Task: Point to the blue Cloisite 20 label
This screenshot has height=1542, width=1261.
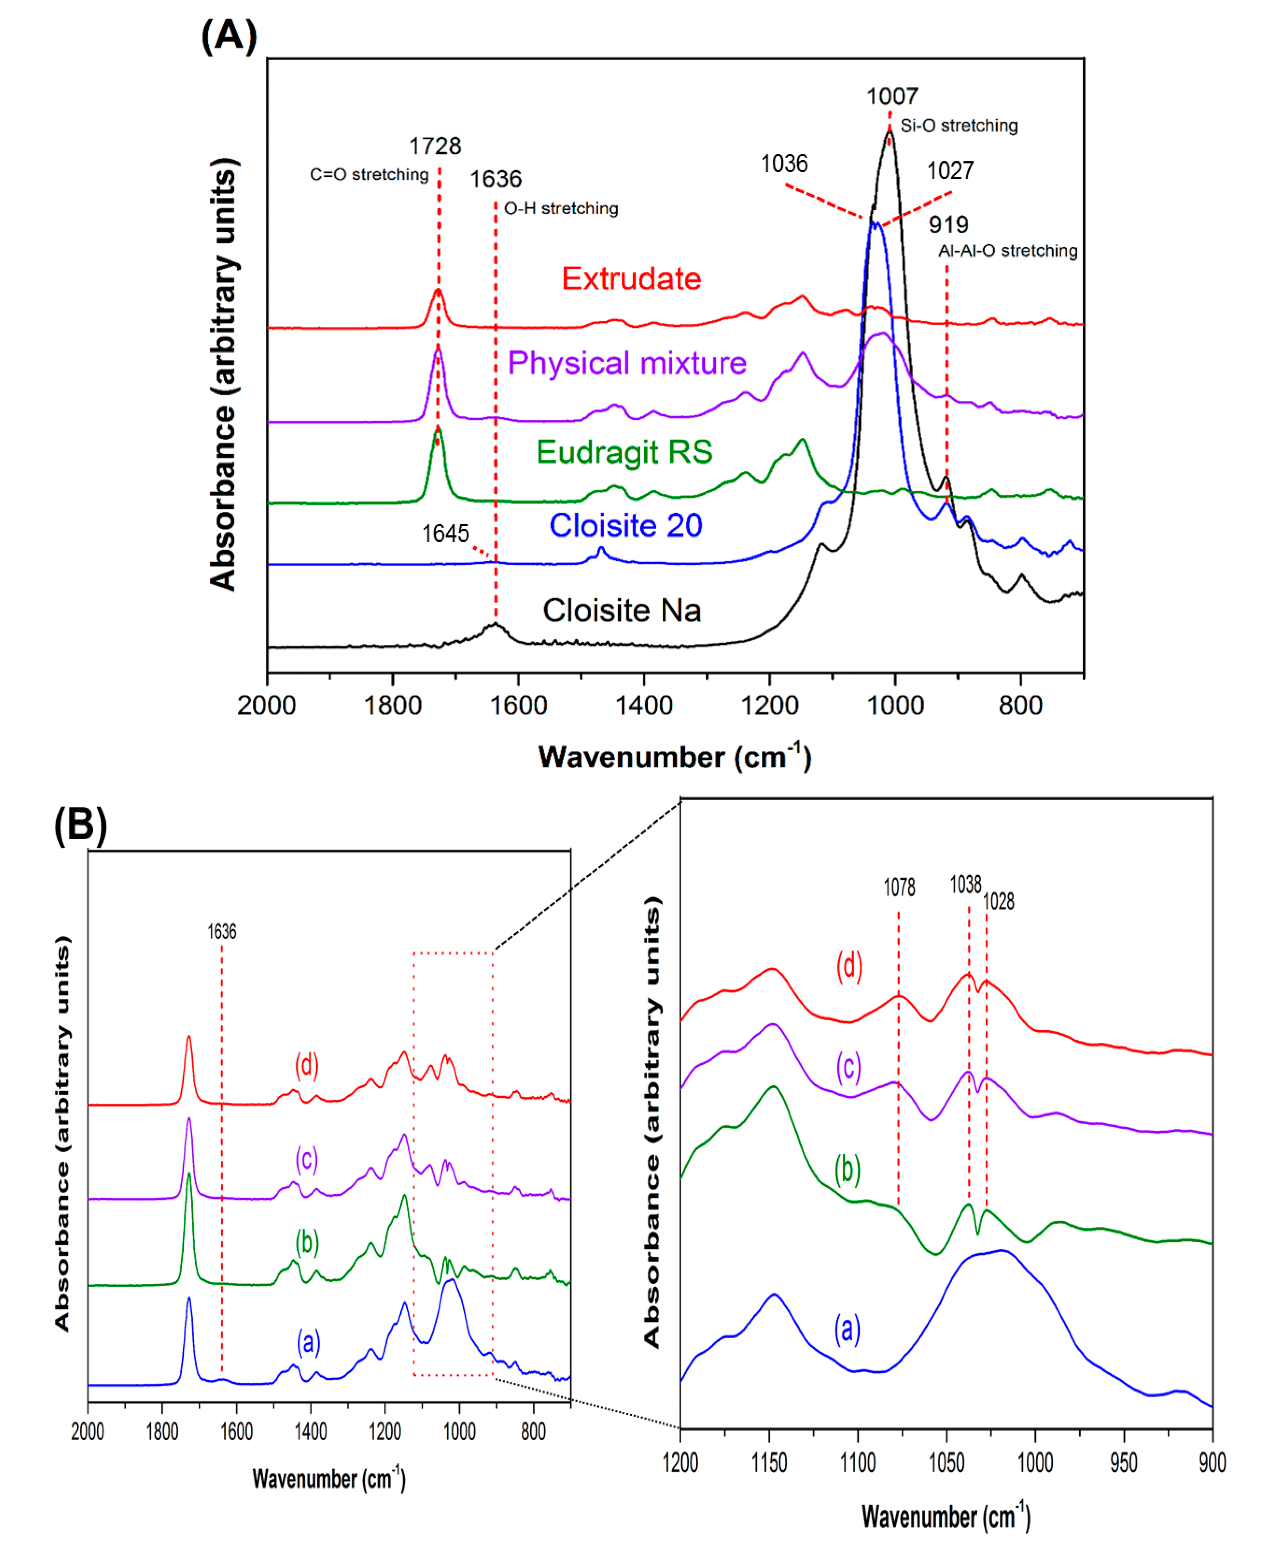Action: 625,526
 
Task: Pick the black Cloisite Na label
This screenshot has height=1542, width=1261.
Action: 622,610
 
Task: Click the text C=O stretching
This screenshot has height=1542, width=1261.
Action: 369,175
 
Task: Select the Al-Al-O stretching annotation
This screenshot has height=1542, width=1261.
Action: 1007,251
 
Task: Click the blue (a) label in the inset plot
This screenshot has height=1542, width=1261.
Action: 847,1329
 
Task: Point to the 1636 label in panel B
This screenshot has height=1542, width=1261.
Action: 222,931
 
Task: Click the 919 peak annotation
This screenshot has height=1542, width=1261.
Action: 948,225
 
